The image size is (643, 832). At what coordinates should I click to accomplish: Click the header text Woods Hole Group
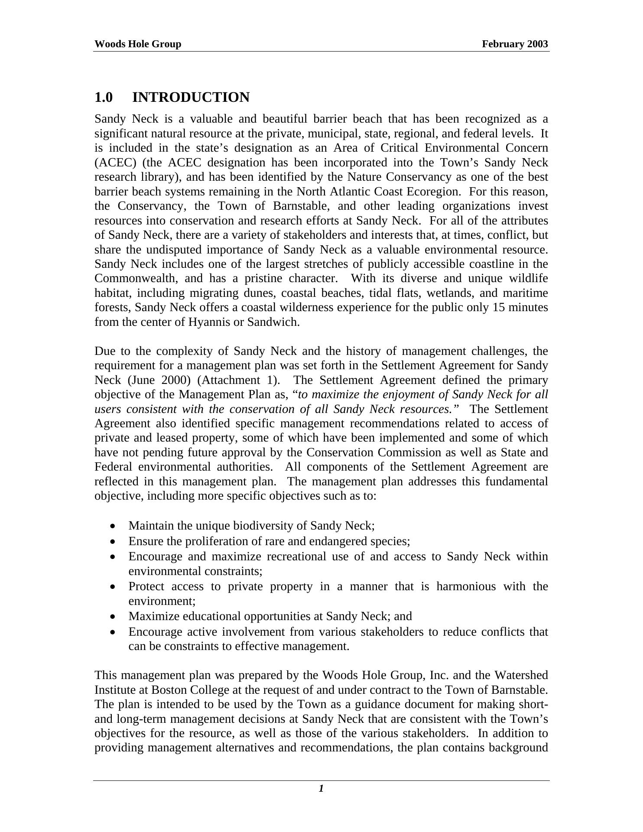(x=138, y=44)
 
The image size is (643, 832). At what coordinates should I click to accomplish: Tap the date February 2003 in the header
(x=515, y=44)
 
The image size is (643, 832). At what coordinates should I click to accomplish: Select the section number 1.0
(x=104, y=97)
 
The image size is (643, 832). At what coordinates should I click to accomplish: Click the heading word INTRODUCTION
(x=191, y=97)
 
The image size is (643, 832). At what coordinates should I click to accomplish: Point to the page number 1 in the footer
(x=321, y=789)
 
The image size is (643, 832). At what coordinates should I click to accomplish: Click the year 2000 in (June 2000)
(x=176, y=380)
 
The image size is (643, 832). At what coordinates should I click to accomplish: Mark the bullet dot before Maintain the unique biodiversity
(x=113, y=526)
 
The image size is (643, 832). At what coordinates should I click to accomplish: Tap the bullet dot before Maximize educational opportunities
(x=113, y=617)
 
